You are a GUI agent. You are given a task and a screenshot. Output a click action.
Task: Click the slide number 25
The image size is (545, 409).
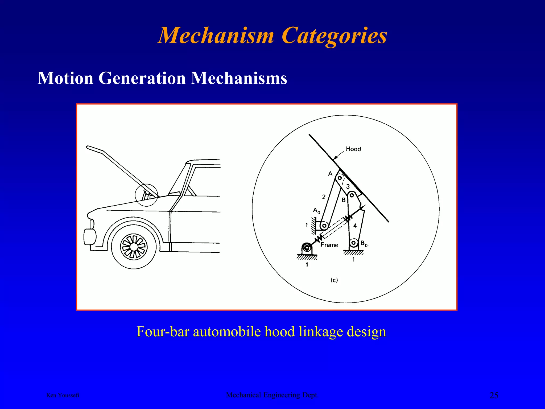click(x=494, y=395)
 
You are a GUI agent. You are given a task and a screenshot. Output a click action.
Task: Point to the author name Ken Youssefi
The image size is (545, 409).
click(x=63, y=395)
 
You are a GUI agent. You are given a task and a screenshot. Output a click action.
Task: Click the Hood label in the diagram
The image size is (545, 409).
click(x=353, y=149)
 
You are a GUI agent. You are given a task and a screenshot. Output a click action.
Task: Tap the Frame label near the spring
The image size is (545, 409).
click(x=329, y=245)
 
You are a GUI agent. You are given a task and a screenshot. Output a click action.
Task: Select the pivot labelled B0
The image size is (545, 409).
click(x=354, y=243)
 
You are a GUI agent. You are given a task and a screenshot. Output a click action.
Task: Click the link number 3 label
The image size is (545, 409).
click(x=348, y=187)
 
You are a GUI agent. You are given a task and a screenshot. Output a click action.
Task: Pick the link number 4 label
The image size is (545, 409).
click(x=355, y=226)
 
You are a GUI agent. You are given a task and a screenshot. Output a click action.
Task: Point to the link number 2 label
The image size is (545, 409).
click(x=324, y=197)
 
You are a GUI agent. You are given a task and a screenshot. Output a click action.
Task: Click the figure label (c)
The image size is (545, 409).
click(x=334, y=280)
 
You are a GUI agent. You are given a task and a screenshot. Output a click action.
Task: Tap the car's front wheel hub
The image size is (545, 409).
click(x=134, y=247)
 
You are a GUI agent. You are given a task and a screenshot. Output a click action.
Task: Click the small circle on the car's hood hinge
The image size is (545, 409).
click(x=146, y=195)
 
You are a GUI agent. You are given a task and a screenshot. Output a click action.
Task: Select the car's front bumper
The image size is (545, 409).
click(x=89, y=237)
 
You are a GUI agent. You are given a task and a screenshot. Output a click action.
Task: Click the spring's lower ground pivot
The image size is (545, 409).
click(x=307, y=248)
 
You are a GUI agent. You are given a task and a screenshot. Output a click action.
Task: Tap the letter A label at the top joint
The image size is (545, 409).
click(x=330, y=174)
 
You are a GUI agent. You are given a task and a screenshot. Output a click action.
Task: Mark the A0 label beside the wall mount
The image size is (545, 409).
click(x=316, y=211)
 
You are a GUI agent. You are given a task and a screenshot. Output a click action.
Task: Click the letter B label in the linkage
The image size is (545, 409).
click(x=344, y=200)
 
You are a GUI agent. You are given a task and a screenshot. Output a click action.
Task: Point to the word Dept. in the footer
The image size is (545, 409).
click(x=310, y=395)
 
